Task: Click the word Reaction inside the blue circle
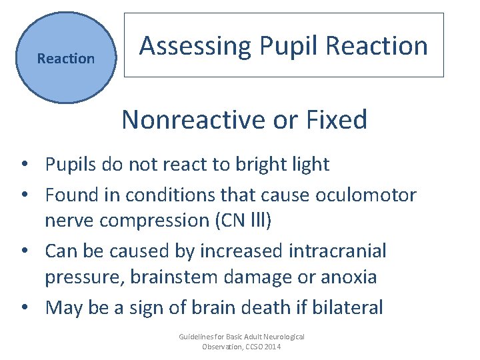[66, 59]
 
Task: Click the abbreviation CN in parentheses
[233, 221]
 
